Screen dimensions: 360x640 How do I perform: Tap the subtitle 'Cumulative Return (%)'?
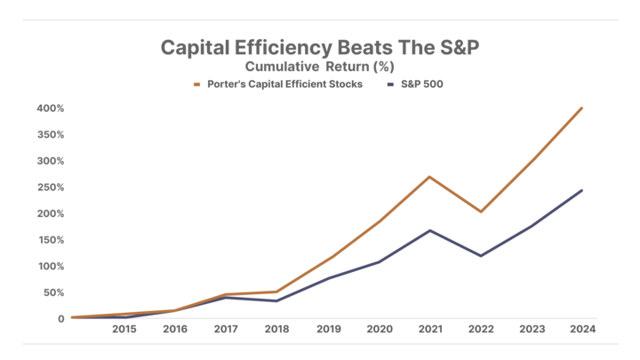(x=320, y=66)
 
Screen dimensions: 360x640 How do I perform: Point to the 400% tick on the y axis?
(x=51, y=108)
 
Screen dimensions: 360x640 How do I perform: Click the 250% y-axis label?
(x=51, y=188)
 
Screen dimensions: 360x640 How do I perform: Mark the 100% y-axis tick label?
(x=51, y=266)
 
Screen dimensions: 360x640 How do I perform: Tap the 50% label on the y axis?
(x=53, y=292)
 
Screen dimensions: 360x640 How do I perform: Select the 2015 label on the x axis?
(x=124, y=329)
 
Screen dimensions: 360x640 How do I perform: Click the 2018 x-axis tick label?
(x=277, y=329)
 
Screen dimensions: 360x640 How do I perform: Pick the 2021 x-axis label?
(x=430, y=329)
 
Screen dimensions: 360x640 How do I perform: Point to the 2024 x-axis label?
(x=583, y=329)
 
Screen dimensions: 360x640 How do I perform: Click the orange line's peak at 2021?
(x=430, y=176)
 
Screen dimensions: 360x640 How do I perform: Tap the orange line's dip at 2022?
(x=481, y=212)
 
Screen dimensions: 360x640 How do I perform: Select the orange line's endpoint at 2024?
(x=582, y=108)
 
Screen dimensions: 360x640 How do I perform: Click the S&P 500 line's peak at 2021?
(x=430, y=230)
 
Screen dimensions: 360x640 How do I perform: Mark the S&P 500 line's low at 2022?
(x=481, y=256)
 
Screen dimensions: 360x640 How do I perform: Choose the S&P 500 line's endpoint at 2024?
(x=582, y=189)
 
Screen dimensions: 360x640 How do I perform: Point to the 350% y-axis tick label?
(x=51, y=135)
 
